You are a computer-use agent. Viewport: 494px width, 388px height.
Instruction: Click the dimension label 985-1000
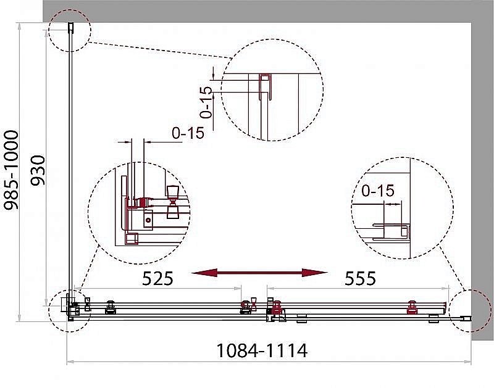[11, 170]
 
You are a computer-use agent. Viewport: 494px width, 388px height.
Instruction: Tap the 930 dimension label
[38, 170]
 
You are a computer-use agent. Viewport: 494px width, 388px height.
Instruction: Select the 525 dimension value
[157, 278]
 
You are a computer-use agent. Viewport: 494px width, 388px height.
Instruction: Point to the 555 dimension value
[360, 278]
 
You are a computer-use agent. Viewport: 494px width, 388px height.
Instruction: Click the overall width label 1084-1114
[262, 350]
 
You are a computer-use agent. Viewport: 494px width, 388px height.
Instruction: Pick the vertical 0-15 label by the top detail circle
[206, 102]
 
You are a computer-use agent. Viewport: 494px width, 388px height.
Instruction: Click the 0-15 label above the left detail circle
[188, 133]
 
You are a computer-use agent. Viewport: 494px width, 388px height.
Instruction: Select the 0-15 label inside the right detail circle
[378, 191]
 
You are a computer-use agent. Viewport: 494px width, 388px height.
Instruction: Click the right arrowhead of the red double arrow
[314, 273]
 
